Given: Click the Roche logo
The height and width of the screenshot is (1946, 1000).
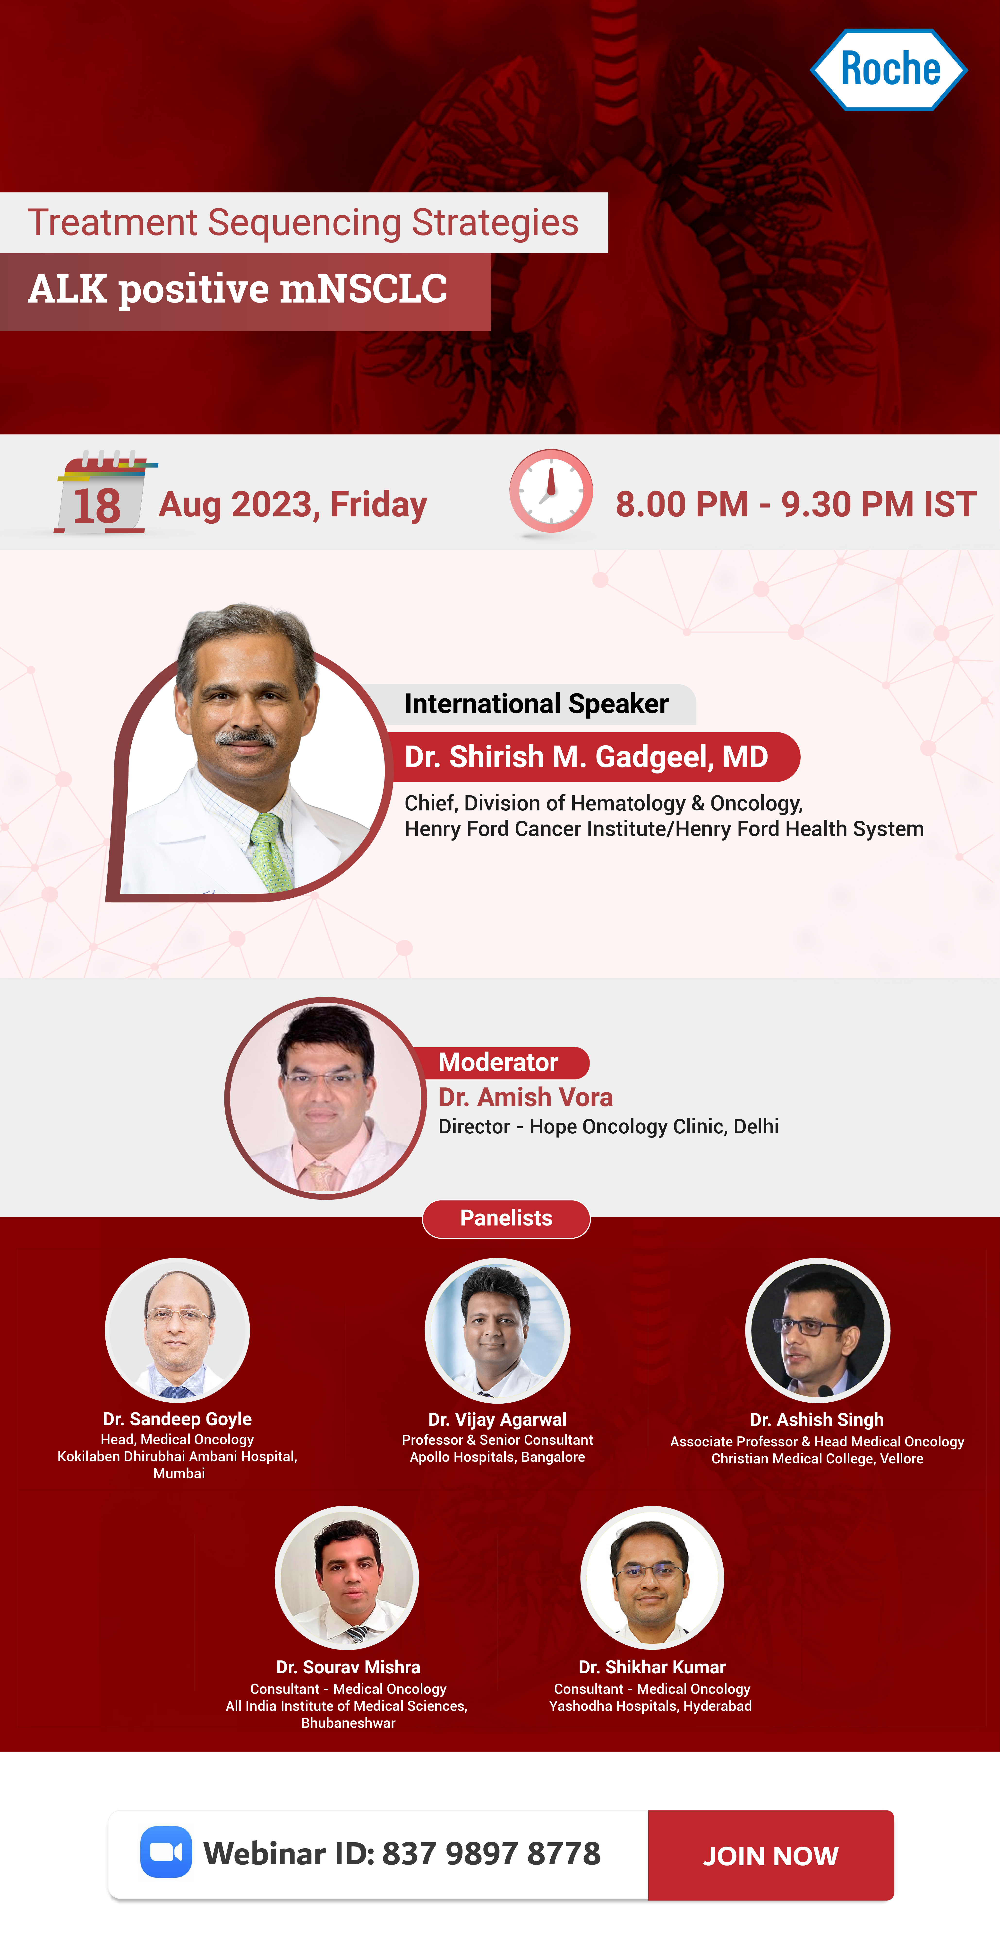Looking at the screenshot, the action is click(x=889, y=69).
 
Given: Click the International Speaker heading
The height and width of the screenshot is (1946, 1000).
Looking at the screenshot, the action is click(x=536, y=703).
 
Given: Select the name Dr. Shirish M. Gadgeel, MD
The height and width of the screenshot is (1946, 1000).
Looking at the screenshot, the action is click(x=586, y=756).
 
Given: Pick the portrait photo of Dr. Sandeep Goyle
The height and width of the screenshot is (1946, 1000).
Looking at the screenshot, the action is click(x=178, y=1330).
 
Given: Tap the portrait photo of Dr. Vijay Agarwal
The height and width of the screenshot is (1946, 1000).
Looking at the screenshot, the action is click(x=498, y=1330).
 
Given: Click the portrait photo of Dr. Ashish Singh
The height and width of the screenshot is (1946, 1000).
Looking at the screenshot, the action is click(x=818, y=1330).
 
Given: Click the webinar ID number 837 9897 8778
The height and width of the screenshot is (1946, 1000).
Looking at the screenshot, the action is click(x=492, y=1853).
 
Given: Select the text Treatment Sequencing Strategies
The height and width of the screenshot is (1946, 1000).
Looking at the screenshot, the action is click(x=303, y=223).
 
